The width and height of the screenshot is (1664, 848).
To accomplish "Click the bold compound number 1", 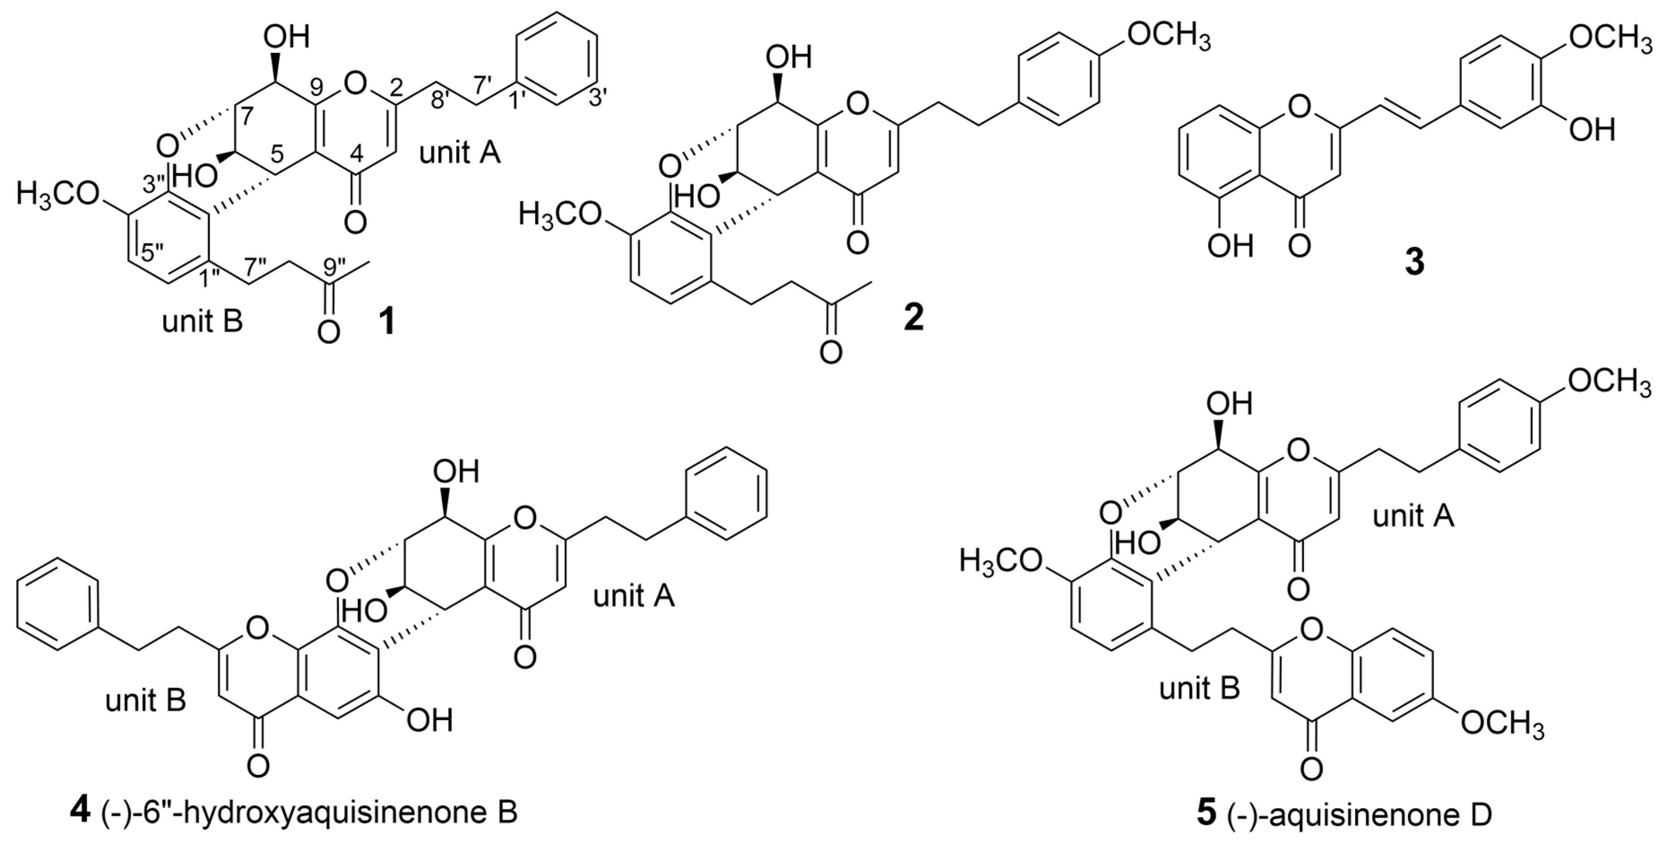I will coord(387,321).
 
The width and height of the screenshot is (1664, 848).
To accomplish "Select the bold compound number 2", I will coord(914,317).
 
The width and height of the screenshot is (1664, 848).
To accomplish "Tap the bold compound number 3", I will coord(1414,263).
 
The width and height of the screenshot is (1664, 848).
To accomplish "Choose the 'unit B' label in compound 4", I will coord(146,700).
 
